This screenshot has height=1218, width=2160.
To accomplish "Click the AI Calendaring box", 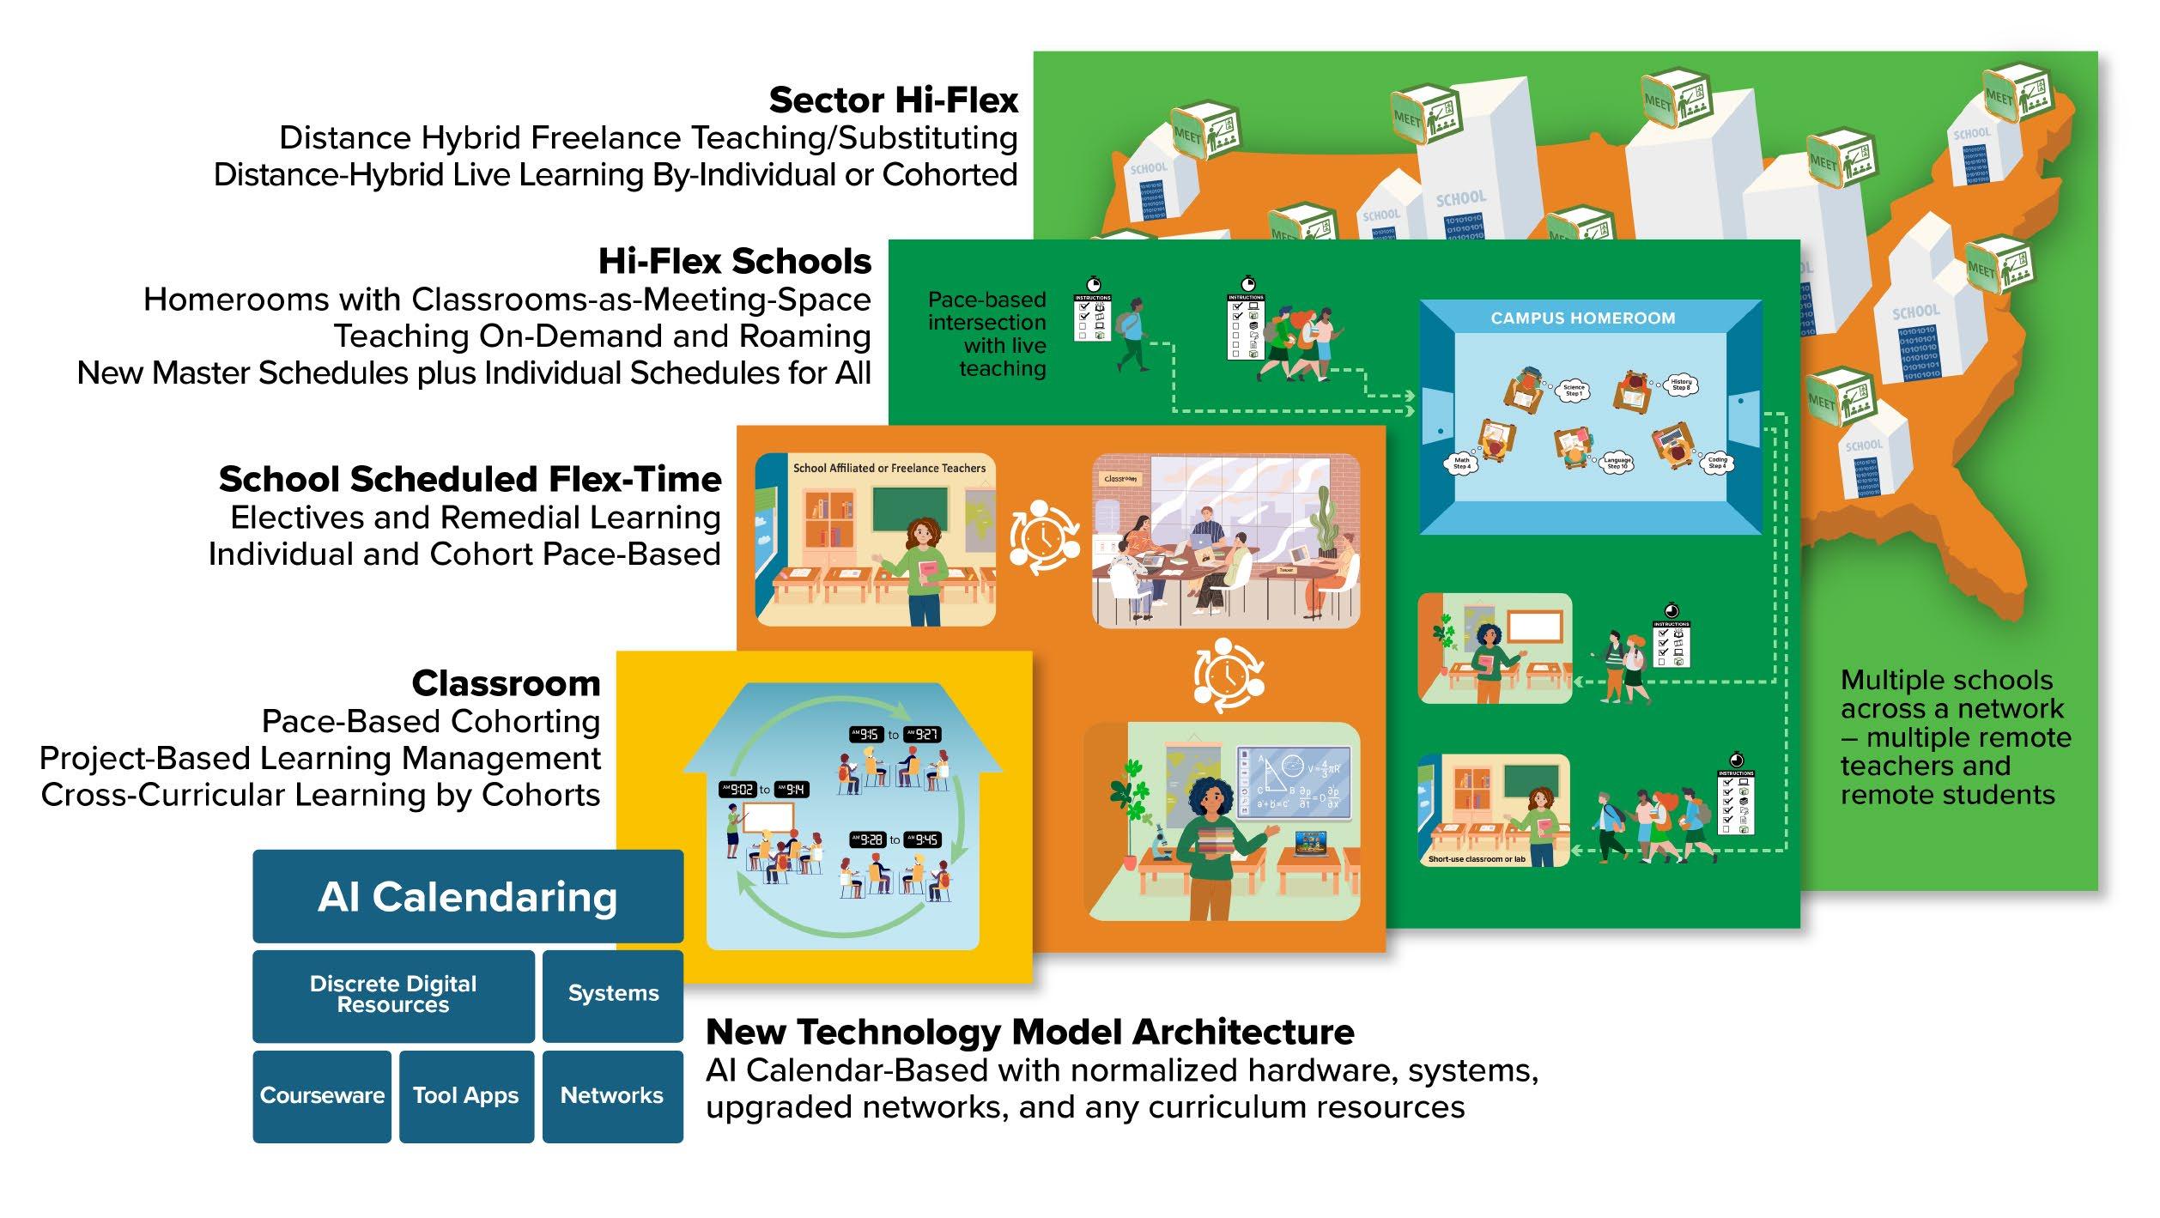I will click(x=468, y=897).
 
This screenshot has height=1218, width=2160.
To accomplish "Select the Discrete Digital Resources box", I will click(x=393, y=995).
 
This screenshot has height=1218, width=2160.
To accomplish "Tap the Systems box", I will click(x=613, y=994).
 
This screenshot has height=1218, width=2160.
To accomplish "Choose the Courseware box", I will click(x=322, y=1096).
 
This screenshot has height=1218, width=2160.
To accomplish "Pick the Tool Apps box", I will click(x=466, y=1096).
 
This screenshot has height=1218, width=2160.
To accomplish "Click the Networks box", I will click(x=612, y=1096).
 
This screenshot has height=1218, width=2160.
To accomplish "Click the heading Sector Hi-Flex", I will click(x=893, y=100).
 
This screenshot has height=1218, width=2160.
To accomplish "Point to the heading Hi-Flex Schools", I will click(x=735, y=261).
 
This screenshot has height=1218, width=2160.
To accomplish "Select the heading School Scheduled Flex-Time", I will click(x=470, y=479).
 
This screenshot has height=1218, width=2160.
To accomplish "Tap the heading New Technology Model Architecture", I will click(x=1029, y=1032).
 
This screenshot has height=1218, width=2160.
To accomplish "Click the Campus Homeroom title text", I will click(x=1582, y=318).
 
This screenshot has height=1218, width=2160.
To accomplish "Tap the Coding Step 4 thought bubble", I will click(x=1717, y=463).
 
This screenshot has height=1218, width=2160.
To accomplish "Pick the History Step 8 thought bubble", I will click(x=1680, y=385).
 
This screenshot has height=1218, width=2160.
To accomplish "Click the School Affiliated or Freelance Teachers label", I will click(x=889, y=469).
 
